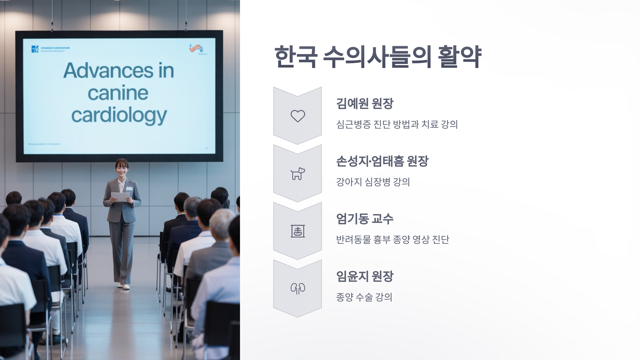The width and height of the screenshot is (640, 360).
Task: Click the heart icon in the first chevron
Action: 298,116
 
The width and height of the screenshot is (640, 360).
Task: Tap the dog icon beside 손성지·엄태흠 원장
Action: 298,174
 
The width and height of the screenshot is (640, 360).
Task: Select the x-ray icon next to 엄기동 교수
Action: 298,231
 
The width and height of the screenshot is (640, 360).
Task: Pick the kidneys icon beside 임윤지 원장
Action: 298,289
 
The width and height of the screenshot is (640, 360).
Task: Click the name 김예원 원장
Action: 365,103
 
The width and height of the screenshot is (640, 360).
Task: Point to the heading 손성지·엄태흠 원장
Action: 382,161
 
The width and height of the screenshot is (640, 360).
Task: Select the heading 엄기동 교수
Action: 365,219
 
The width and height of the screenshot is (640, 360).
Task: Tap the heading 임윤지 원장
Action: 365,276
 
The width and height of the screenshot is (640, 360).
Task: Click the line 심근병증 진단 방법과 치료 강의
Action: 397,124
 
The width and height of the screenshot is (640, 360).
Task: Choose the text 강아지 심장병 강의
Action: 373,182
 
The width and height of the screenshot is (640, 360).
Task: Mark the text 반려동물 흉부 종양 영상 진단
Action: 393,239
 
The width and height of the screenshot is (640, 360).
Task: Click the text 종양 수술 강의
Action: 364,297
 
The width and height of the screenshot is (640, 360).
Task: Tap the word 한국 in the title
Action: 296,57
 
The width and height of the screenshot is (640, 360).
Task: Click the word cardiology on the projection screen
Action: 119,116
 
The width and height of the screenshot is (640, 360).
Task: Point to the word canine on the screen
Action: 118,93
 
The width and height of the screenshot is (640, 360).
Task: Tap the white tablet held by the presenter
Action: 120,197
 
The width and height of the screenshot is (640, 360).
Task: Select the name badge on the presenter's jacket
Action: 129,188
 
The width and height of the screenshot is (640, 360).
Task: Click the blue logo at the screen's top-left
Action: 35,49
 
